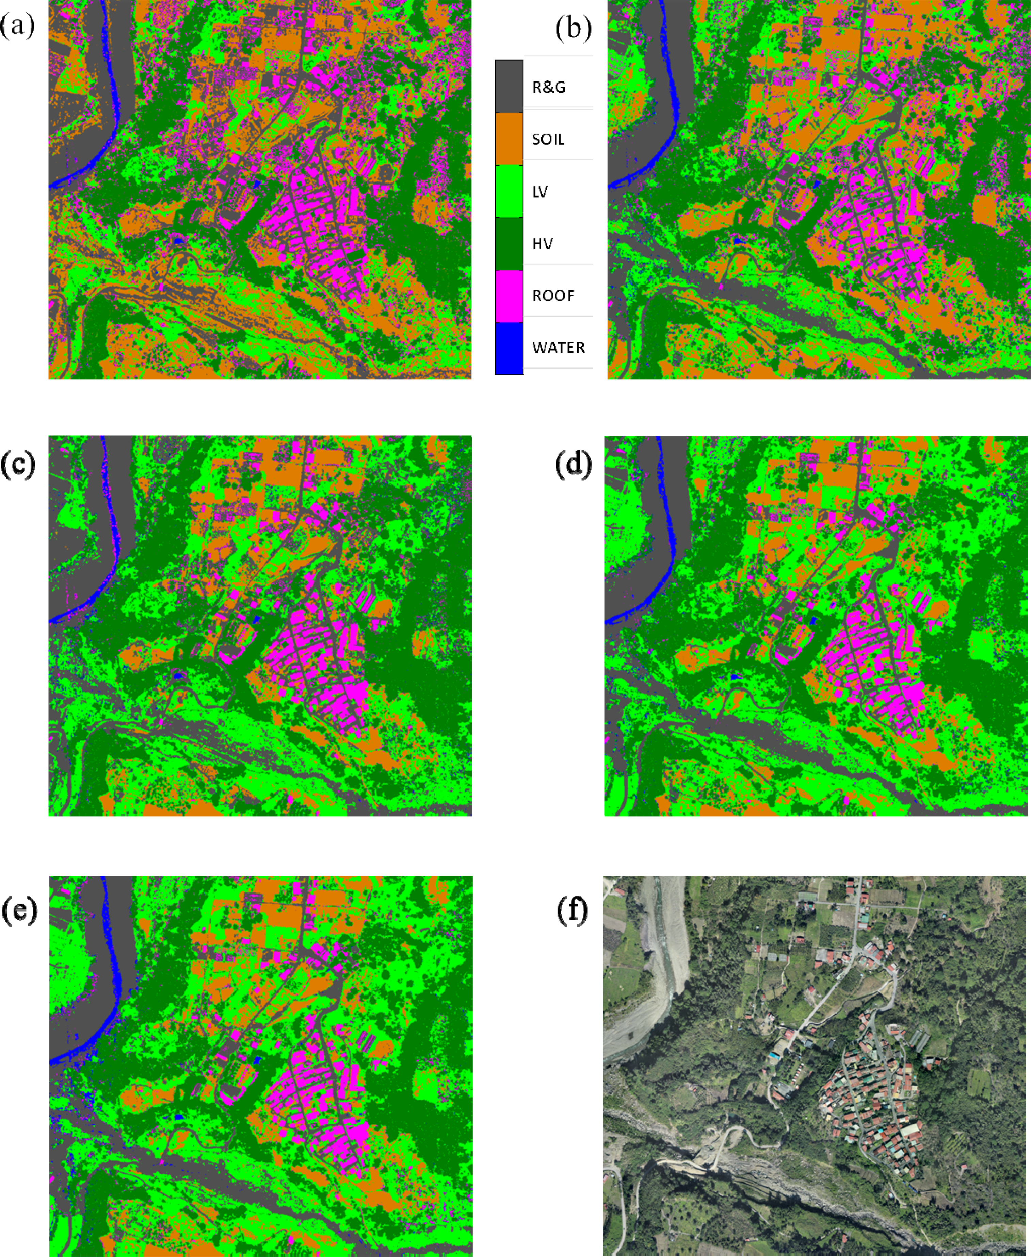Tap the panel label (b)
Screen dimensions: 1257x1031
tap(573, 28)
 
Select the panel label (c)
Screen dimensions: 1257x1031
tap(18, 464)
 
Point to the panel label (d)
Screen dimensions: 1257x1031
tap(573, 464)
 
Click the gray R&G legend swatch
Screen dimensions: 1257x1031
tap(509, 86)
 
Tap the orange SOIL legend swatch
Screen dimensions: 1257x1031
tap(509, 138)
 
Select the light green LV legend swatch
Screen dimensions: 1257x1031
tap(509, 190)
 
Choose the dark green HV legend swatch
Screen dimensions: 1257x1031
tap(509, 243)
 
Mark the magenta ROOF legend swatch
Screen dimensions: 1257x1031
tap(509, 296)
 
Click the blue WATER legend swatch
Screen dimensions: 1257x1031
tap(509, 348)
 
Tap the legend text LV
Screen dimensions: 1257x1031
tap(540, 192)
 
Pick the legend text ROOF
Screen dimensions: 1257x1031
tap(553, 296)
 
